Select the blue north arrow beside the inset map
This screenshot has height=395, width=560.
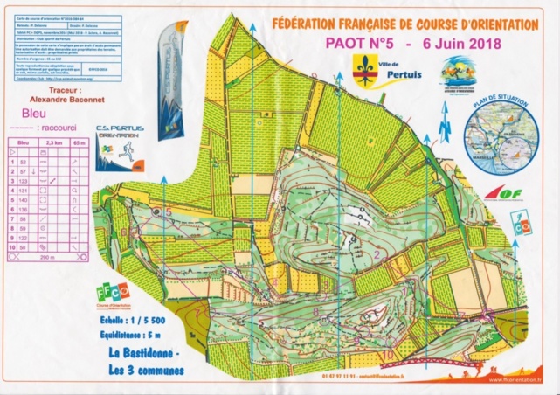[443, 125]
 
